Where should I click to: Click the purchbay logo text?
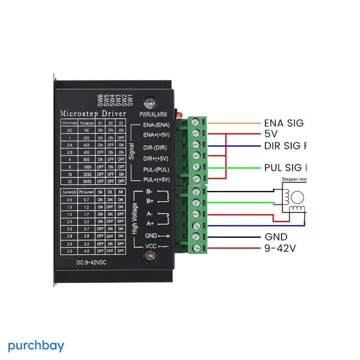click(36, 346)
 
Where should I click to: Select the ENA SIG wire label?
click(284, 123)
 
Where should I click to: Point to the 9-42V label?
click(280, 248)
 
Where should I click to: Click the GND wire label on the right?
click(276, 237)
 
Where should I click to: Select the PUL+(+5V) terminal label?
click(156, 180)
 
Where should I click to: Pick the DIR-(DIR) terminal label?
click(155, 148)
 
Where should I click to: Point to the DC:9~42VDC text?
click(91, 262)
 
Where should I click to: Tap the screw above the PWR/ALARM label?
click(148, 103)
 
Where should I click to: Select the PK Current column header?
click(86, 192)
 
